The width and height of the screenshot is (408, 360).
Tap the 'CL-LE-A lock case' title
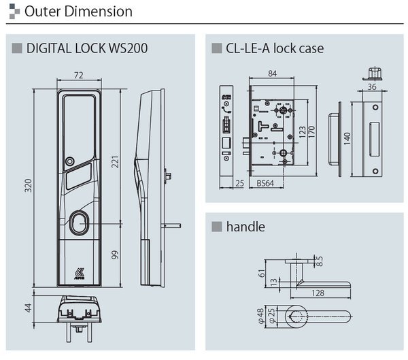pos(275,48)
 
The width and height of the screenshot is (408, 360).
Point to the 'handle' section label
pos(245,226)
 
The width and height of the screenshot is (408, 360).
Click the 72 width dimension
pos(79,75)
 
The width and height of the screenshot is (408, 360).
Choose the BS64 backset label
pos(267,183)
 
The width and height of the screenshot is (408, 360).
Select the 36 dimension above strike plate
pos(372,86)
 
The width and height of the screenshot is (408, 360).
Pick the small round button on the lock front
pos(69,162)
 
